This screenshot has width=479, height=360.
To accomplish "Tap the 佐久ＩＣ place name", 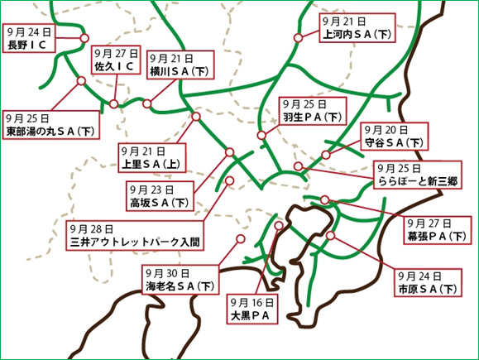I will (114, 65).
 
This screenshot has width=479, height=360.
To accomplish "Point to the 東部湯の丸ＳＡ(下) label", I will (50, 131).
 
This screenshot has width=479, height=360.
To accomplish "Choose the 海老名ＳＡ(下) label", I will (180, 286).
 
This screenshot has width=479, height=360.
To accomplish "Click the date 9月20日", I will (386, 131).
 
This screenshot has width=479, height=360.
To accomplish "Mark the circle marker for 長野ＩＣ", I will (84, 38).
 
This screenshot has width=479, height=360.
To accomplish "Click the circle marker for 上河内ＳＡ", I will (299, 38).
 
